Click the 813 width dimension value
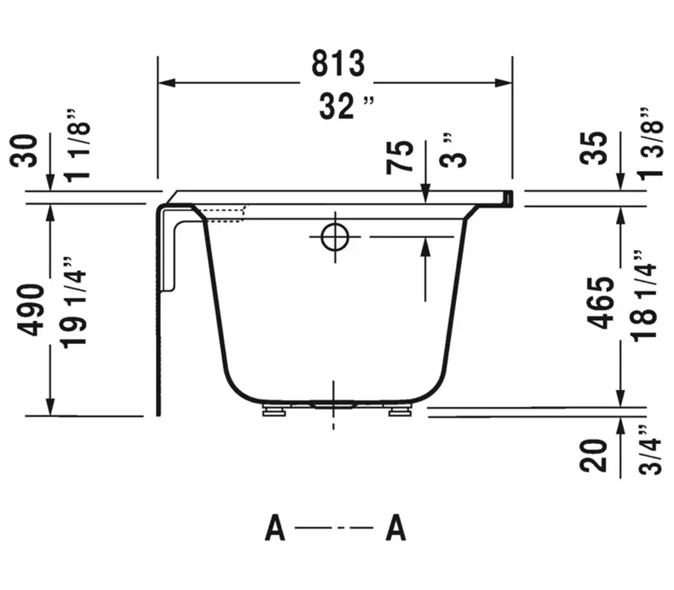(338, 64)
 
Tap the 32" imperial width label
(346, 106)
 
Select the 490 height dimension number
(31, 310)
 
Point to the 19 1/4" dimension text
(74, 303)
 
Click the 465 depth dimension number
(600, 303)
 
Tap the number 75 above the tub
(400, 157)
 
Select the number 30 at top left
(24, 151)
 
